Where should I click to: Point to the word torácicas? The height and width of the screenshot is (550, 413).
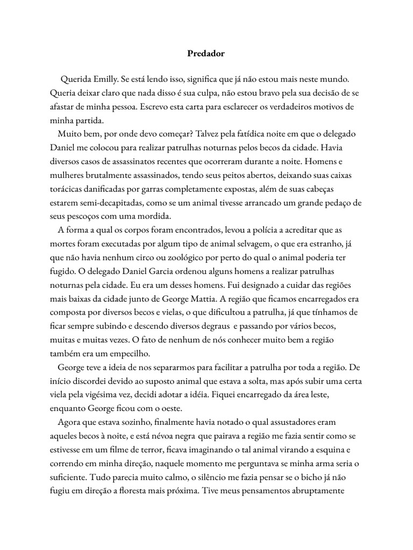click(68, 189)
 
